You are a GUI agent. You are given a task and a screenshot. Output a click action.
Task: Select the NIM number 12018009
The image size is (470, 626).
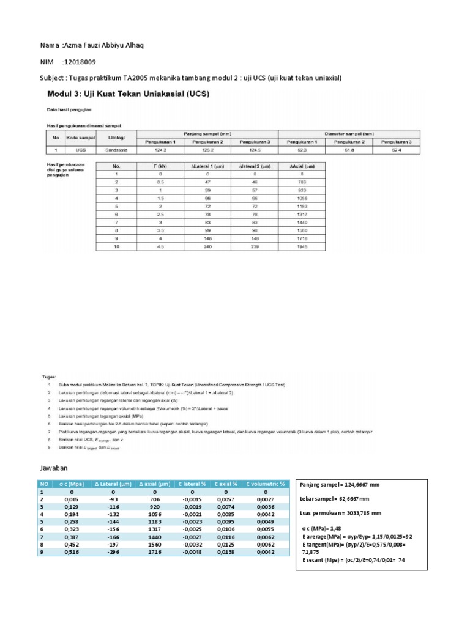78,62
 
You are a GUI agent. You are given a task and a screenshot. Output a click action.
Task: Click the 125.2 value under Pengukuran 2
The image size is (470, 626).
206,149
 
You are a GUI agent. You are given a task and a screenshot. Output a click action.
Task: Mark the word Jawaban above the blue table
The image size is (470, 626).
56,468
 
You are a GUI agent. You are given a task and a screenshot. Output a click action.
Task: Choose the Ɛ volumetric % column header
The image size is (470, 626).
266,484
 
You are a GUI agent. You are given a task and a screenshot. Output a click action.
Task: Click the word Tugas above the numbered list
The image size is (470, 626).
50,378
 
